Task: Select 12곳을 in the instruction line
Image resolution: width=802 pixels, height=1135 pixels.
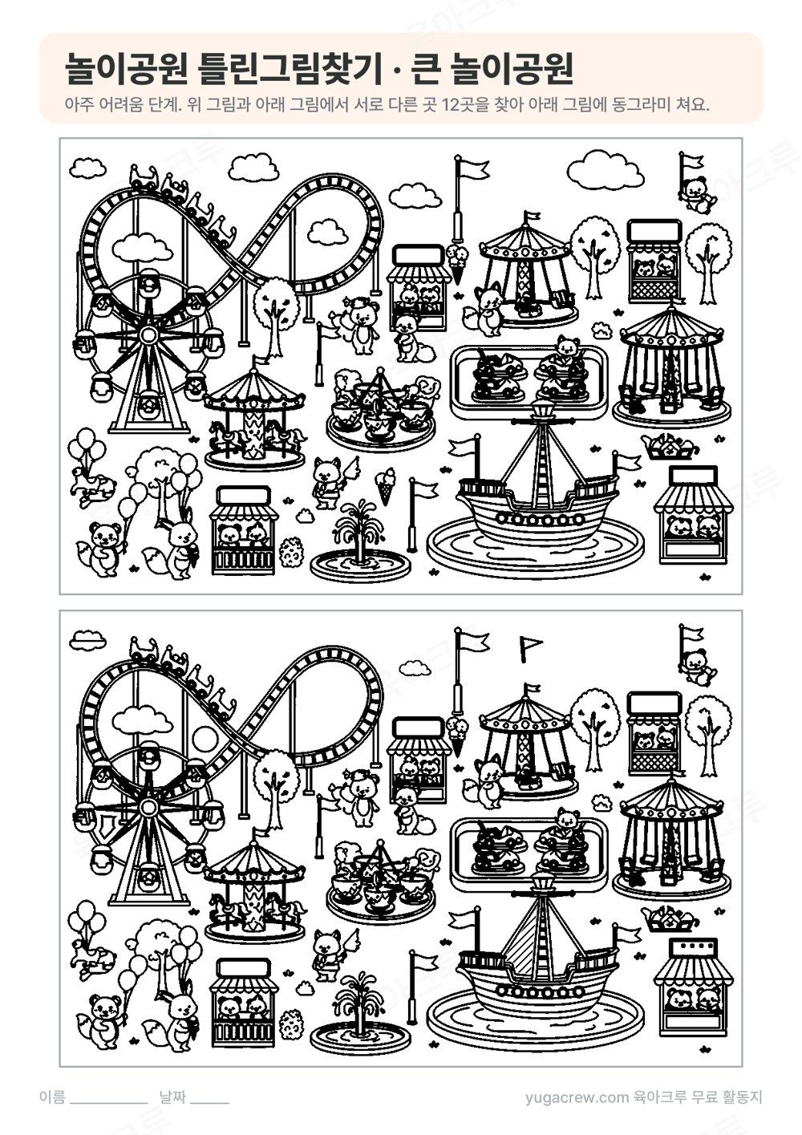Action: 466,105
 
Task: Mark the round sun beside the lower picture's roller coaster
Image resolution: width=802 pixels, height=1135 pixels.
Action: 206,736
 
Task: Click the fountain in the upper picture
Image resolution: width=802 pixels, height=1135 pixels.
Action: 360,541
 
